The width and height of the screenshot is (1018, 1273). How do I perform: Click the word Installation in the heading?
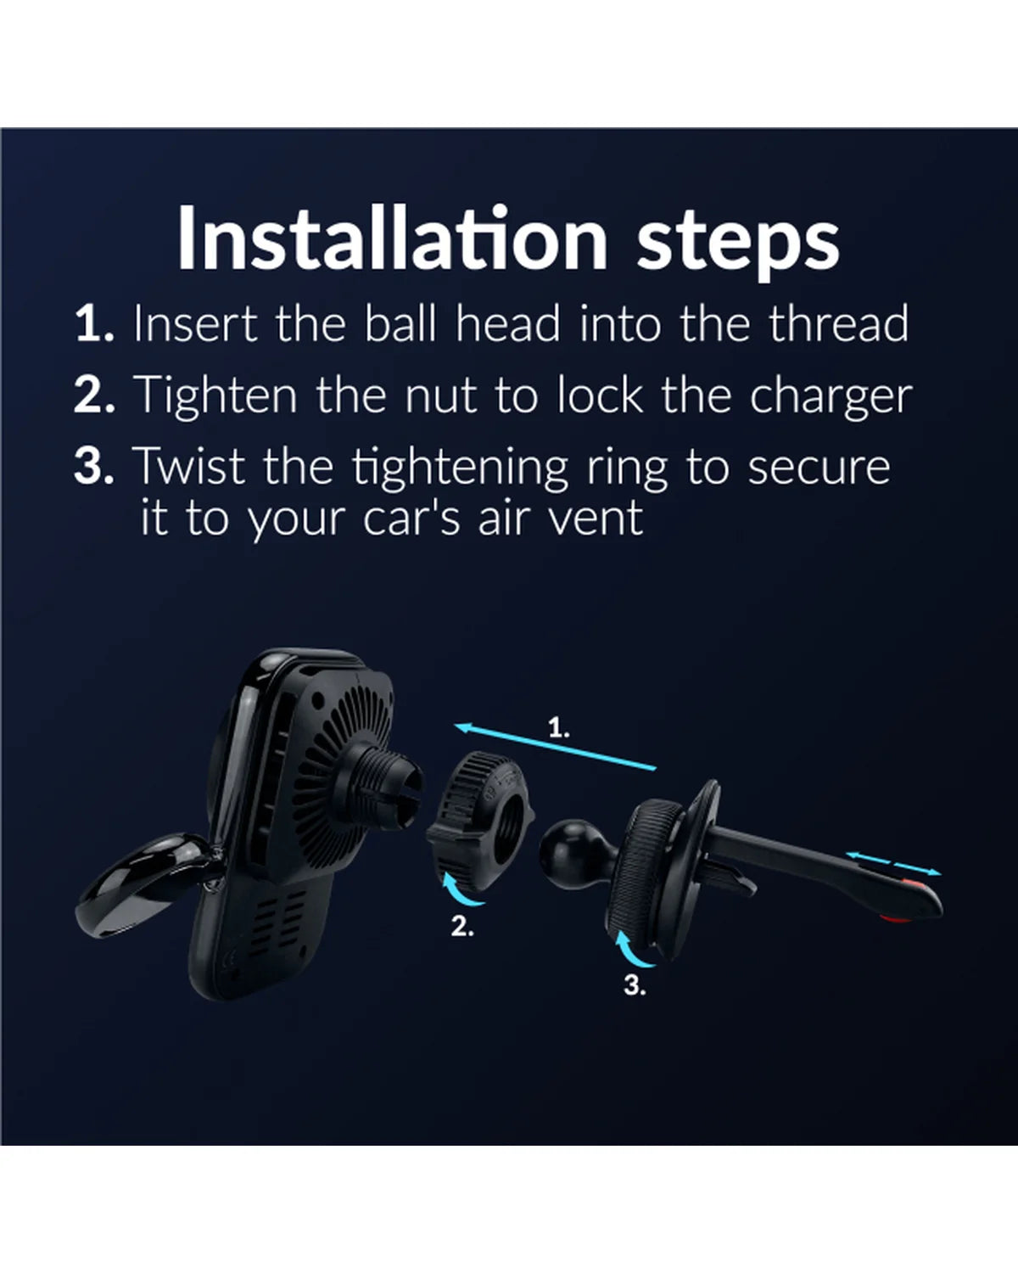[x=392, y=238]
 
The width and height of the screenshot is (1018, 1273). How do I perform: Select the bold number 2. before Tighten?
[x=94, y=395]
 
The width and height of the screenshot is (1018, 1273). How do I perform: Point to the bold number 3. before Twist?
[x=94, y=466]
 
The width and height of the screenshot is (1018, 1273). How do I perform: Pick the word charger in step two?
[x=831, y=397]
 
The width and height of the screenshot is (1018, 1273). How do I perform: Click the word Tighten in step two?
[x=215, y=395]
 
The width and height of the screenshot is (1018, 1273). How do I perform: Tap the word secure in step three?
[x=819, y=468]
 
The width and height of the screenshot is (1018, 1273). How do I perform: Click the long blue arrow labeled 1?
[x=556, y=746]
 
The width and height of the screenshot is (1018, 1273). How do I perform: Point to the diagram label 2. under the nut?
[x=462, y=927]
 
